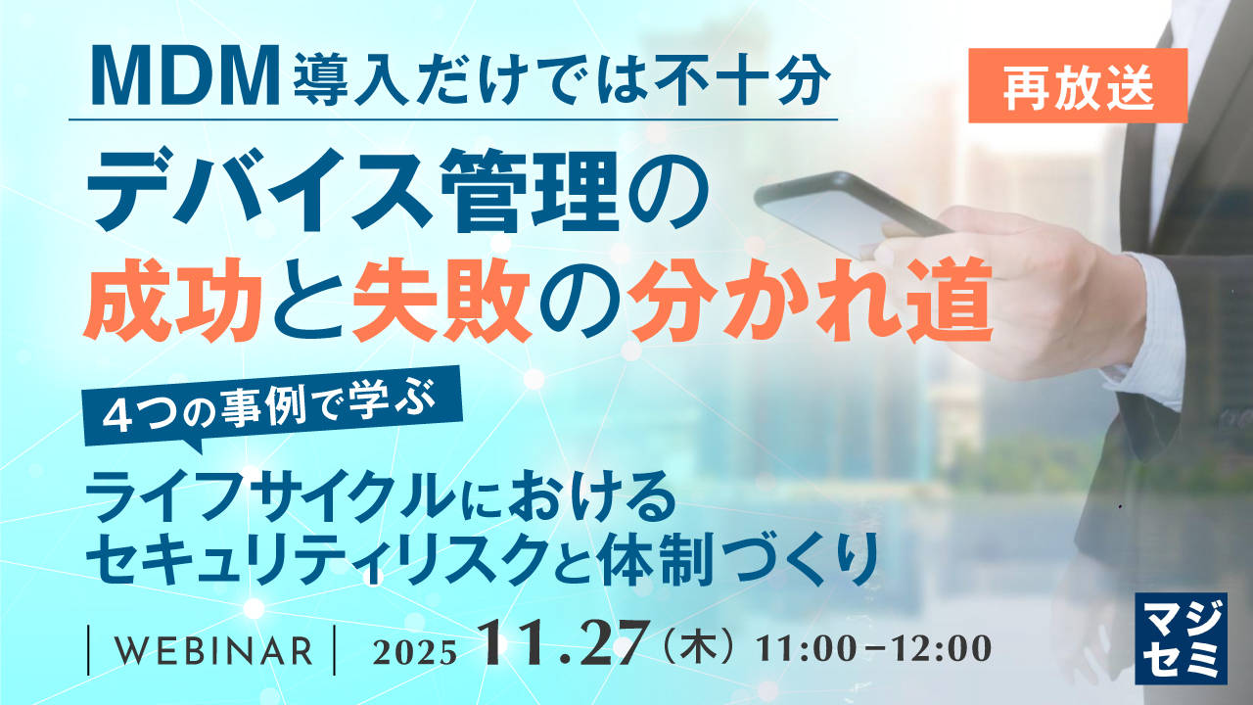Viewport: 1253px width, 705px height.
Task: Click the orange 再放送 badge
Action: pos(1078,86)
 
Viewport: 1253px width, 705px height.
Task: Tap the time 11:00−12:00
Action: pos(874,650)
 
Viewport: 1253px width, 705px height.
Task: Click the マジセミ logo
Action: pos(1181,637)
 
